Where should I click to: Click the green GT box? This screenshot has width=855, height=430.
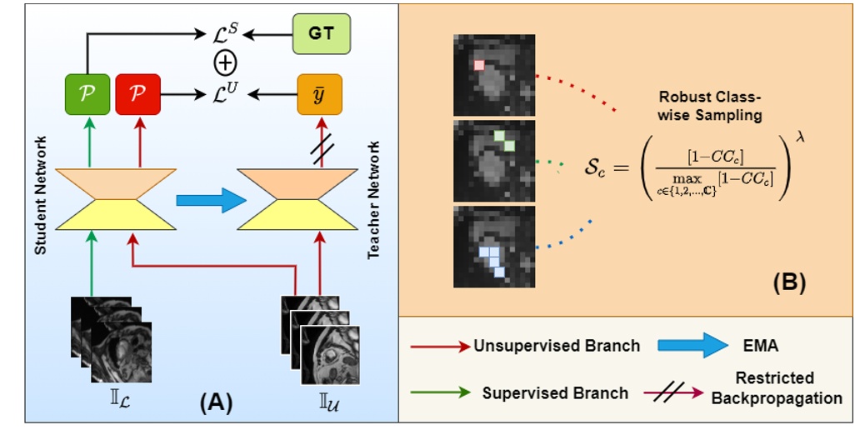point(322,34)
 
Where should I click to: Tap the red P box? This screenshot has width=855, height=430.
point(138,93)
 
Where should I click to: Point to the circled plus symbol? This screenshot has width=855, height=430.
point(225,63)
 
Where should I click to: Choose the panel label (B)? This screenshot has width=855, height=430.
point(787,283)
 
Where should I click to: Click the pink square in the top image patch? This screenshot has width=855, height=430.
point(478,65)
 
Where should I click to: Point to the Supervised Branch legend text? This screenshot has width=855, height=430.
point(555,392)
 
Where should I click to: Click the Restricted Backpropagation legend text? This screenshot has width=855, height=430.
point(776,387)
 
